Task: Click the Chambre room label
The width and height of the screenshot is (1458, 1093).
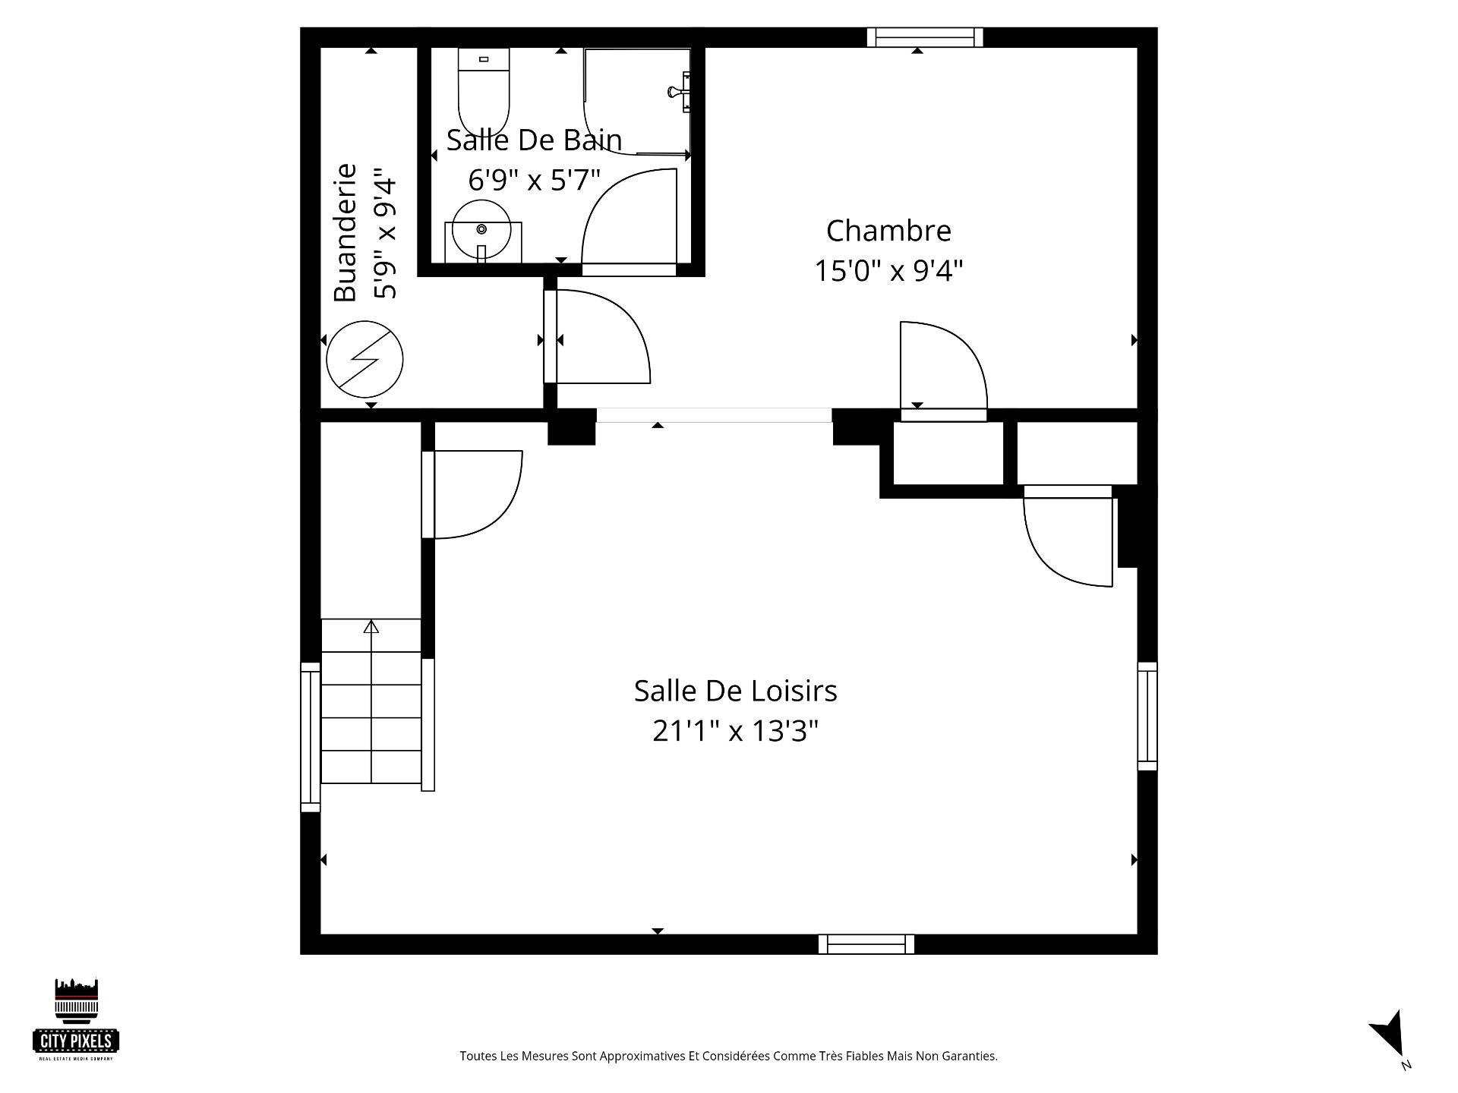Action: click(888, 231)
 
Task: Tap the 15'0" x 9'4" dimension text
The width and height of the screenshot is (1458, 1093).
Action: click(888, 271)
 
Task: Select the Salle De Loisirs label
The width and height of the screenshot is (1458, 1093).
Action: click(735, 691)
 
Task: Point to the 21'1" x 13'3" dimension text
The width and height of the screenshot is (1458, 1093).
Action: click(735, 732)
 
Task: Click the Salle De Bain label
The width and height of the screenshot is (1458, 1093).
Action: click(534, 140)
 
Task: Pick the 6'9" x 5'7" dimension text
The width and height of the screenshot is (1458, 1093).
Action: click(534, 181)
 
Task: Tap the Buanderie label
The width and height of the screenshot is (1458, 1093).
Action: click(346, 232)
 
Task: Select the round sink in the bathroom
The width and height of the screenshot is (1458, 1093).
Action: click(481, 229)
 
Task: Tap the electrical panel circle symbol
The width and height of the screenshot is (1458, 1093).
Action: click(364, 360)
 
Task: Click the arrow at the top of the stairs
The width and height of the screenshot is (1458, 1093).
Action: click(371, 627)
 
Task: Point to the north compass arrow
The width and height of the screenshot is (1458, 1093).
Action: click(1388, 1032)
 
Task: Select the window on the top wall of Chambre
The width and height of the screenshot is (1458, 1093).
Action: click(925, 37)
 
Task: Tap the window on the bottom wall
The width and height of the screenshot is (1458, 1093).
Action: click(866, 944)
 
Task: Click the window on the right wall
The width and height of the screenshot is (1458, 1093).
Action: click(1147, 717)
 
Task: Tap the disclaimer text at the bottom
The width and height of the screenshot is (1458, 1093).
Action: click(728, 1056)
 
